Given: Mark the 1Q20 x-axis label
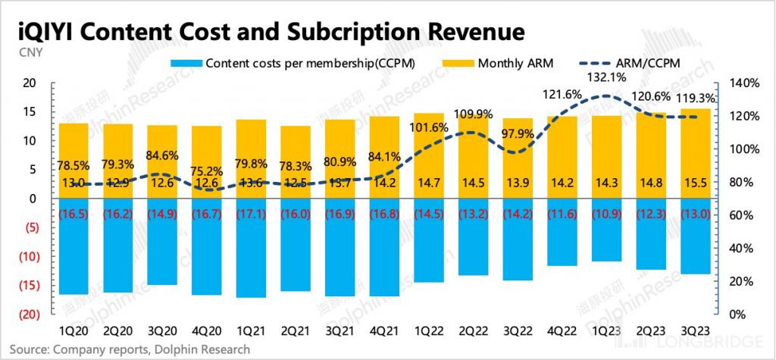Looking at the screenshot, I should coord(74,331).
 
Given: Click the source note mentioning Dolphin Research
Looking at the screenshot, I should coord(129,349).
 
